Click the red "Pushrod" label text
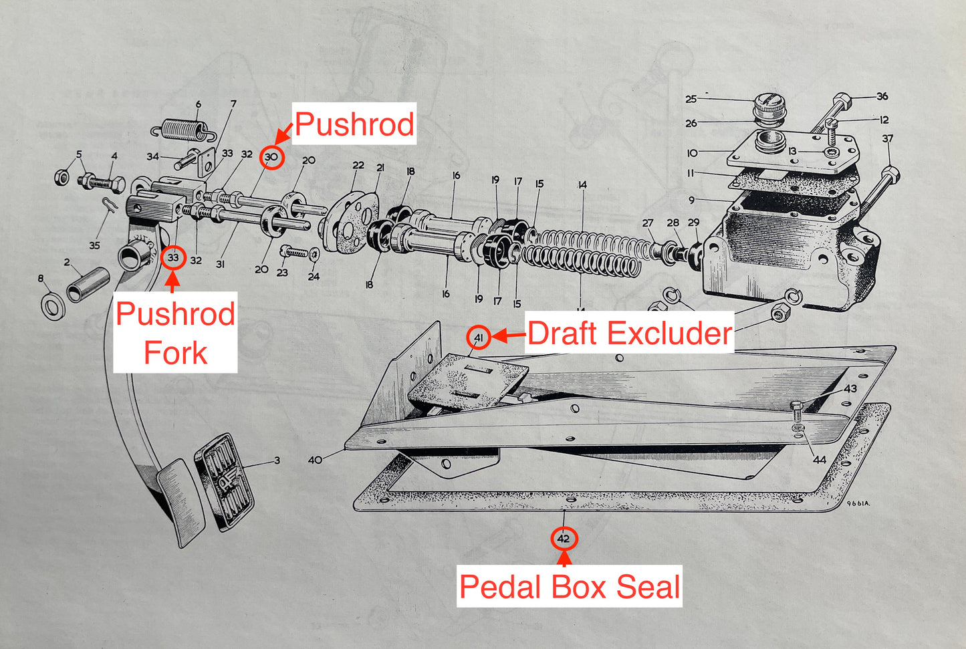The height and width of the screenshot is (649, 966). pyautogui.click(x=354, y=124)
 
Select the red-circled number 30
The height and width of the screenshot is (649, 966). pyautogui.click(x=271, y=158)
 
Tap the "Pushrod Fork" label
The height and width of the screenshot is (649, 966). pyautogui.click(x=175, y=333)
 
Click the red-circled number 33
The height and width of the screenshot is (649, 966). pyautogui.click(x=173, y=257)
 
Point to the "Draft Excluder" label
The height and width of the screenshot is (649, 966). pyautogui.click(x=629, y=334)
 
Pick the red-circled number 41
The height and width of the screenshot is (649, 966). pyautogui.click(x=479, y=338)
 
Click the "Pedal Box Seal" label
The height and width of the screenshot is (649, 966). pyautogui.click(x=570, y=587)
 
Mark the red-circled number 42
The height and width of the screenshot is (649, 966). pyautogui.click(x=564, y=539)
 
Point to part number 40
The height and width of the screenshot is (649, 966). pyautogui.click(x=315, y=460)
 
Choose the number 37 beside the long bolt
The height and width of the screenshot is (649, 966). pyautogui.click(x=887, y=139)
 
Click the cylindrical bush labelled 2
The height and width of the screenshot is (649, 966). pyautogui.click(x=89, y=283)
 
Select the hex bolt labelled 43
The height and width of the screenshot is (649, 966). pyautogui.click(x=796, y=406)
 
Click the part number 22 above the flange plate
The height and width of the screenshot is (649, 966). pyautogui.click(x=358, y=165)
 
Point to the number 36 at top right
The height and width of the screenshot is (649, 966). pyautogui.click(x=882, y=96)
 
